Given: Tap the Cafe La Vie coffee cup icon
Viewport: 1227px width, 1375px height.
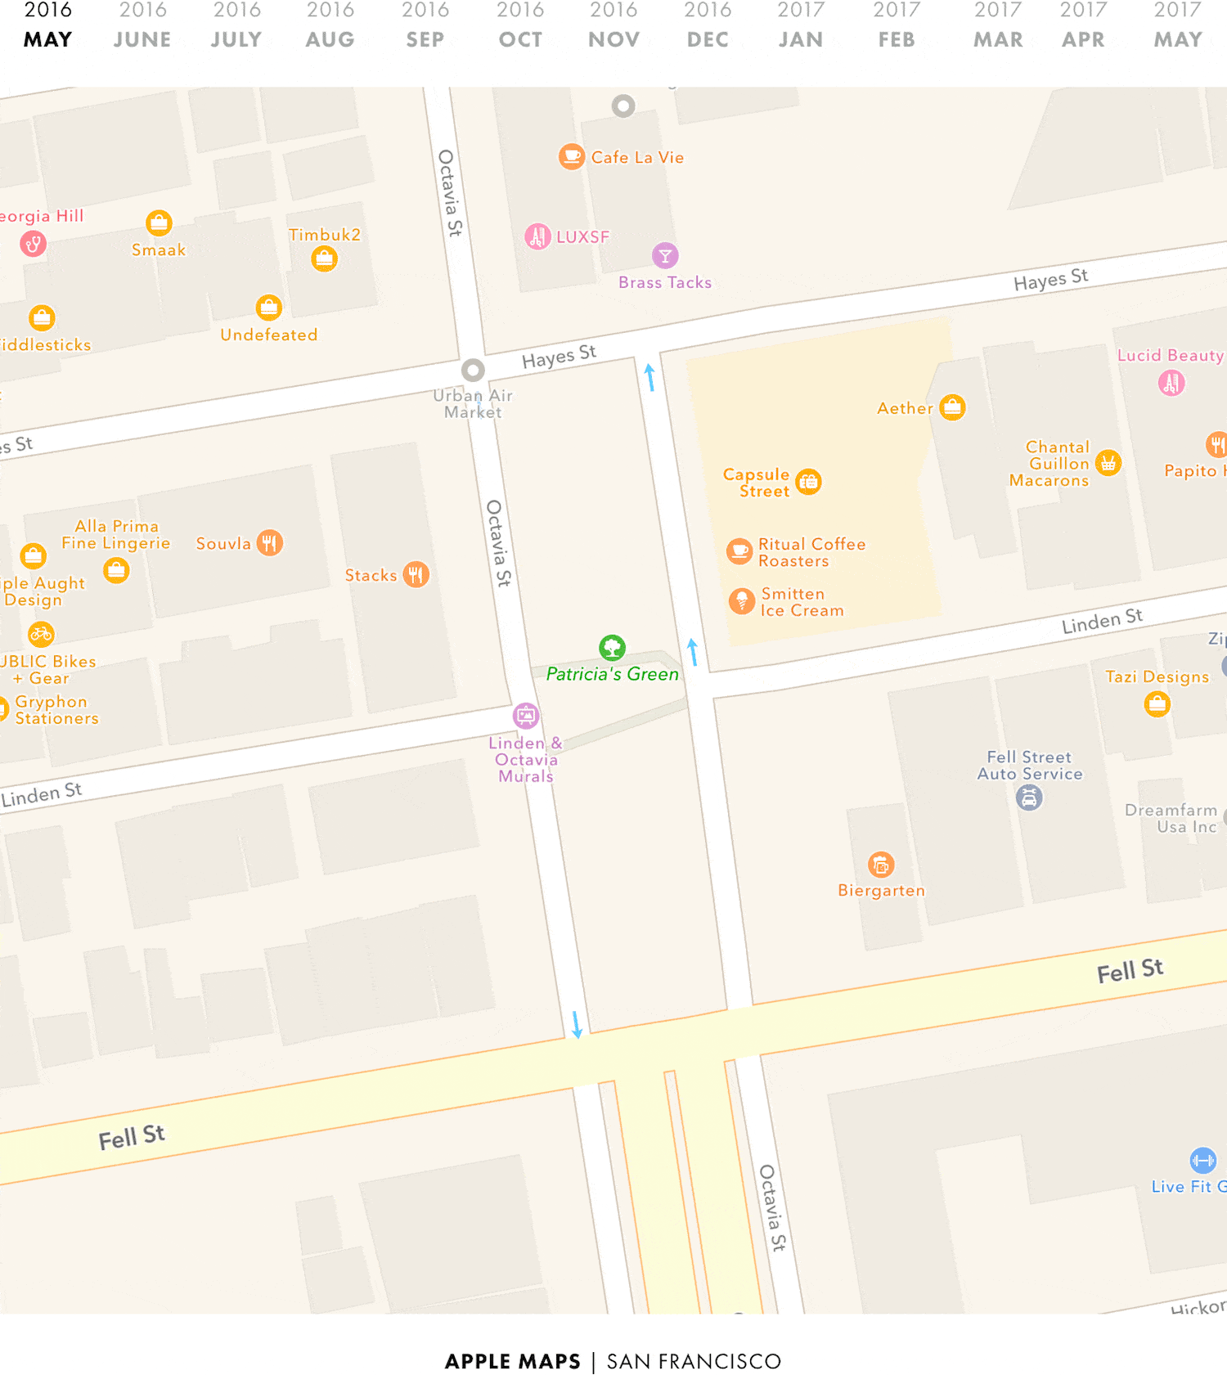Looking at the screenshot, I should click(x=571, y=155).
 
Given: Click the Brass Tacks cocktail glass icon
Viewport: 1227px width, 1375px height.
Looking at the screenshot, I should click(x=665, y=256).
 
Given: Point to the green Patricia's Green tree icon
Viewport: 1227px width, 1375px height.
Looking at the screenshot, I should click(x=612, y=648).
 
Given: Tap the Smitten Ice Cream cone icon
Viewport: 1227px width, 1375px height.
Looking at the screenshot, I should click(x=741, y=601).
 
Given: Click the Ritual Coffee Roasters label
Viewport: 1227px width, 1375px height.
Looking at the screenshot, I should click(x=811, y=552).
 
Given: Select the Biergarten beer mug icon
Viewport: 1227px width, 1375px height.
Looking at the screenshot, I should click(x=881, y=864).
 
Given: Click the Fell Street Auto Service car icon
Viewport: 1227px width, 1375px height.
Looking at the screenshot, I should click(x=1029, y=797).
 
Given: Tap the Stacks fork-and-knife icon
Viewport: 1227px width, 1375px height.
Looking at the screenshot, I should click(x=416, y=574).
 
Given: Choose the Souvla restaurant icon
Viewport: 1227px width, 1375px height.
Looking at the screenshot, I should click(x=270, y=542).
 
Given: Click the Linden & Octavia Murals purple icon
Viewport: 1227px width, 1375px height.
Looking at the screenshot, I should click(x=526, y=716).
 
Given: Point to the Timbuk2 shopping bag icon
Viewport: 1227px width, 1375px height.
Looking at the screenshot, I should click(x=325, y=259).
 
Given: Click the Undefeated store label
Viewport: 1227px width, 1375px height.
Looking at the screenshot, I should click(x=268, y=335).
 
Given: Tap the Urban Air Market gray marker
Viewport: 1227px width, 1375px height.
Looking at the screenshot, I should click(x=473, y=371).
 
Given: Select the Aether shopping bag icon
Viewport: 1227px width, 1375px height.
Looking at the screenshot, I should click(x=952, y=407).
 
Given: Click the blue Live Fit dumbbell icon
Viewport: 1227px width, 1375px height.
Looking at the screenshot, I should click(x=1202, y=1160).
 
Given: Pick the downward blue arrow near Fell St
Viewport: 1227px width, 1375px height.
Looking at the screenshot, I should click(x=577, y=1025).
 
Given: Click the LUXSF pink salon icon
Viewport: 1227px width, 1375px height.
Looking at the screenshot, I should click(x=537, y=236).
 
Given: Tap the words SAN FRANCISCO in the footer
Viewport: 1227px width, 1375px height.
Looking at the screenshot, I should click(x=694, y=1361).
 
